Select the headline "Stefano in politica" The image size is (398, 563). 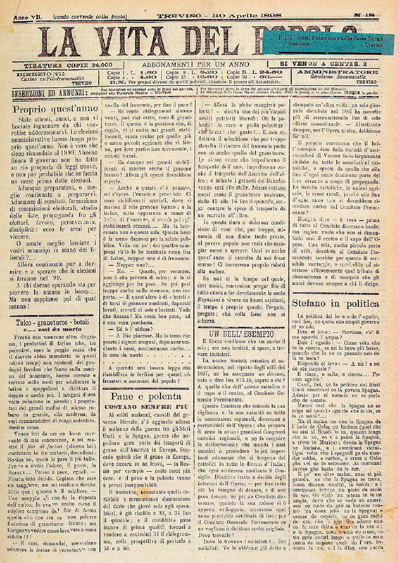(x=336, y=303)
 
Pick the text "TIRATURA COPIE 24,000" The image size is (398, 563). (x=68, y=64)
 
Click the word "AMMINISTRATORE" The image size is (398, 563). (x=337, y=73)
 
